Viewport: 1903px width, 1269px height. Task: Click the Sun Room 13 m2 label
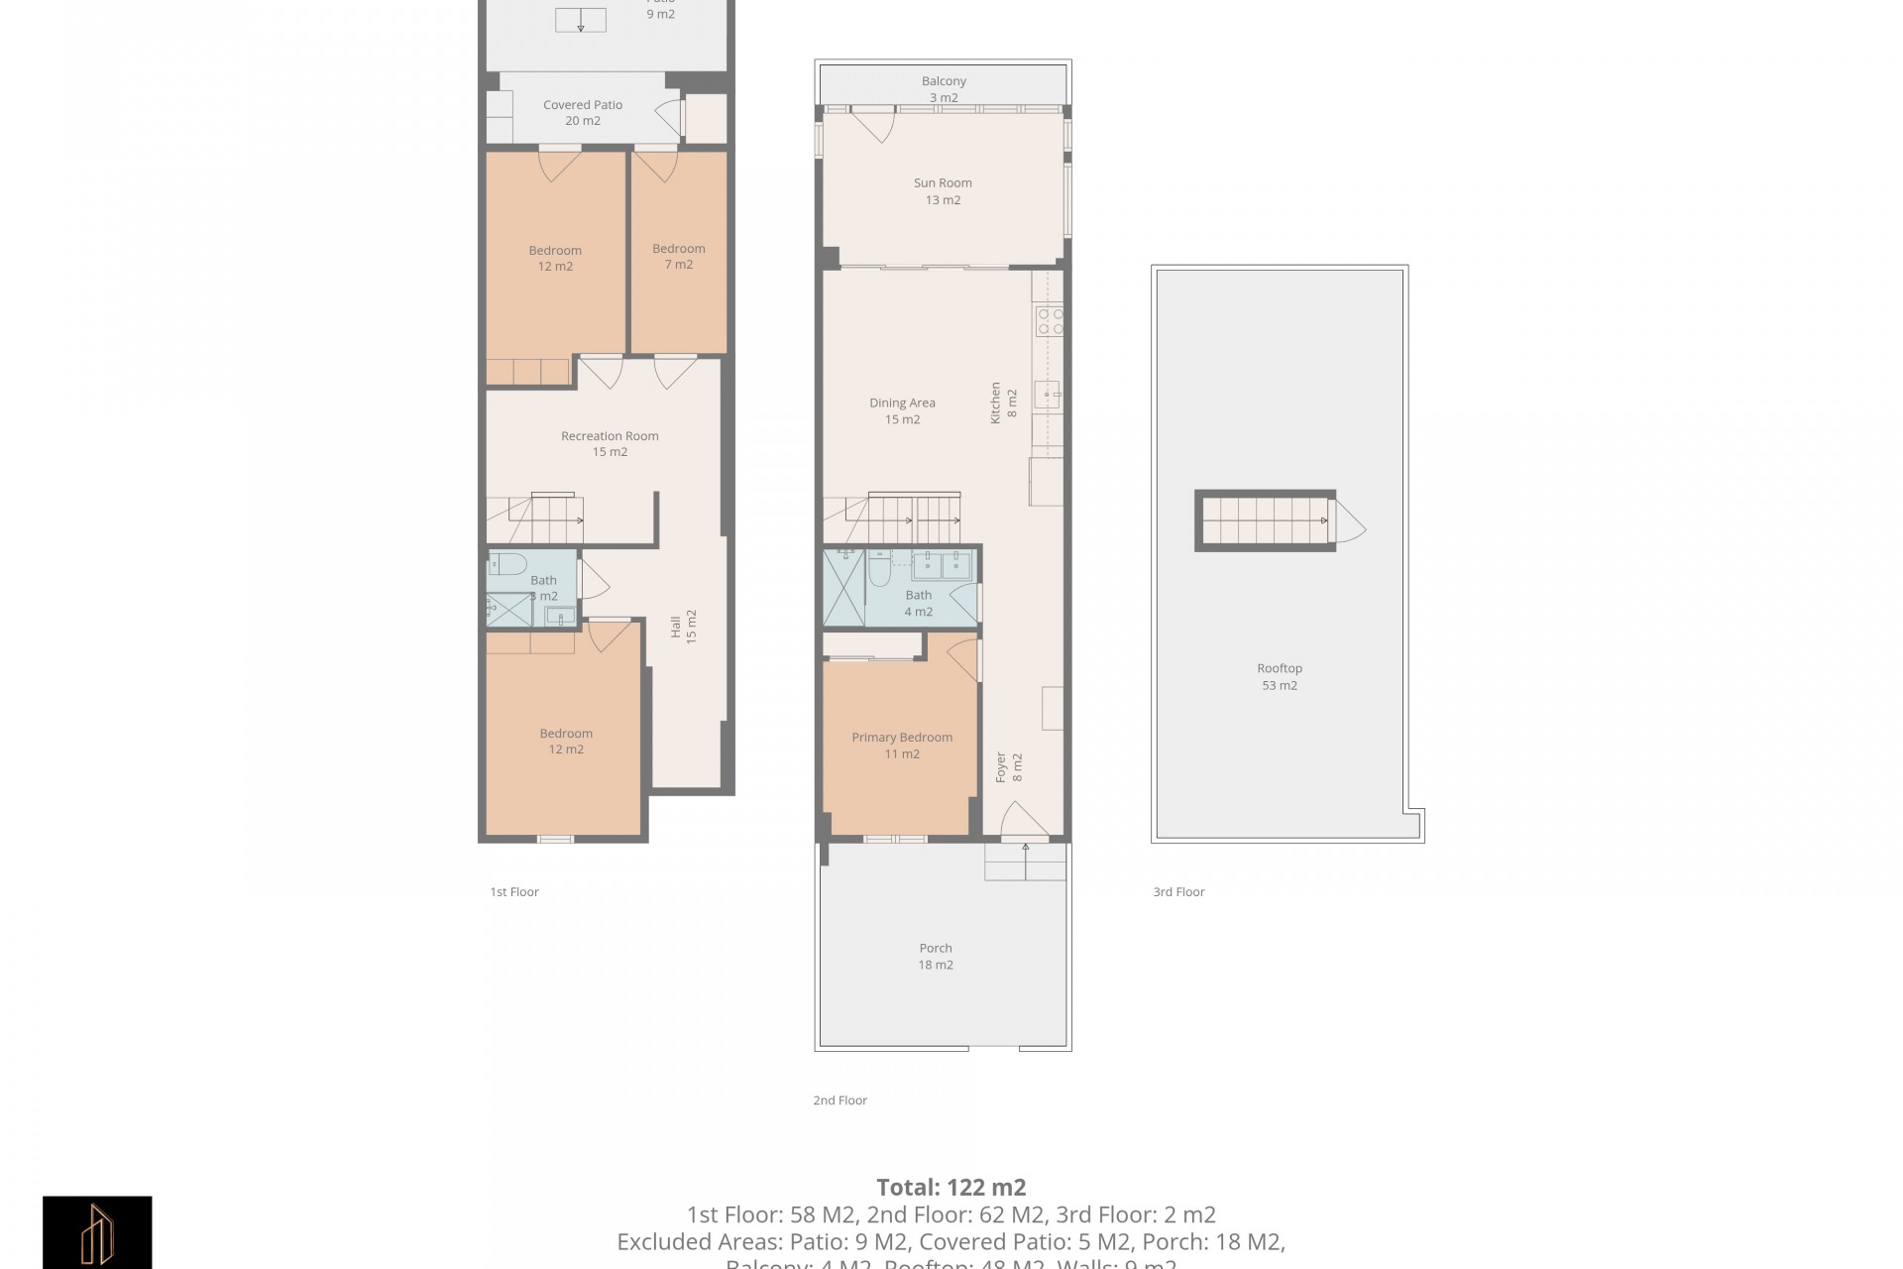(943, 191)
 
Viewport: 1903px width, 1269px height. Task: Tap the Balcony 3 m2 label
(944, 89)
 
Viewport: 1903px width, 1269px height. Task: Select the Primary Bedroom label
(902, 746)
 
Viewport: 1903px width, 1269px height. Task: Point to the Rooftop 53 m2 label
(1280, 677)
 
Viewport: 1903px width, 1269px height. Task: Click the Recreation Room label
(610, 443)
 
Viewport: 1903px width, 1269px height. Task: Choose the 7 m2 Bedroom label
(679, 257)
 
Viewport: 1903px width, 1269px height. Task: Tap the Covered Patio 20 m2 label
(583, 113)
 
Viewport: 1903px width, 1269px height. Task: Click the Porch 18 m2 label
(936, 957)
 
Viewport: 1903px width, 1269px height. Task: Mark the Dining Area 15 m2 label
(902, 411)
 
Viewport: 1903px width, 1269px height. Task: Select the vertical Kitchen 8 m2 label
(1004, 404)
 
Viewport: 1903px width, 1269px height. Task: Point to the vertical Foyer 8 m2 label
(1009, 767)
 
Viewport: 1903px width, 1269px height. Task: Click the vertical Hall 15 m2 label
(684, 627)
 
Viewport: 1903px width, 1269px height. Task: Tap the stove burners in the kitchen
(1049, 320)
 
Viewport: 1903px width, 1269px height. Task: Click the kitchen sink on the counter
(1047, 395)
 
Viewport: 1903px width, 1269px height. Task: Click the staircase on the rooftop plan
(1265, 520)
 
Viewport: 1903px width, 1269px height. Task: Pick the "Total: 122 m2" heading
(951, 1187)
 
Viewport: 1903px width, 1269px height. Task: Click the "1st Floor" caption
(514, 892)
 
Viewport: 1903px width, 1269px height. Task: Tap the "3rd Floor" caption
(1178, 892)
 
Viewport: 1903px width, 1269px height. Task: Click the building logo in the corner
(97, 1231)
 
